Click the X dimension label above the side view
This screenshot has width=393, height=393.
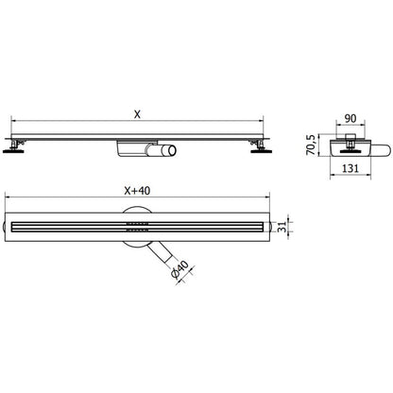(137, 114)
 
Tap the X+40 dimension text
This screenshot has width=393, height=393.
(137, 191)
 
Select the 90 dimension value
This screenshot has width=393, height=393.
(350, 118)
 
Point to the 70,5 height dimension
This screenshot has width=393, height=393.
(311, 145)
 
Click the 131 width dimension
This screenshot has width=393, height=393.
(350, 168)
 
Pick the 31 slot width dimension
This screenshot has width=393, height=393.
(283, 227)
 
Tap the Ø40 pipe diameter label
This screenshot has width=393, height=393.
(180, 269)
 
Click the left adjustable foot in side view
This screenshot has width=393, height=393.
(14, 146)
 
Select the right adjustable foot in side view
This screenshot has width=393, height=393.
(260, 146)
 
